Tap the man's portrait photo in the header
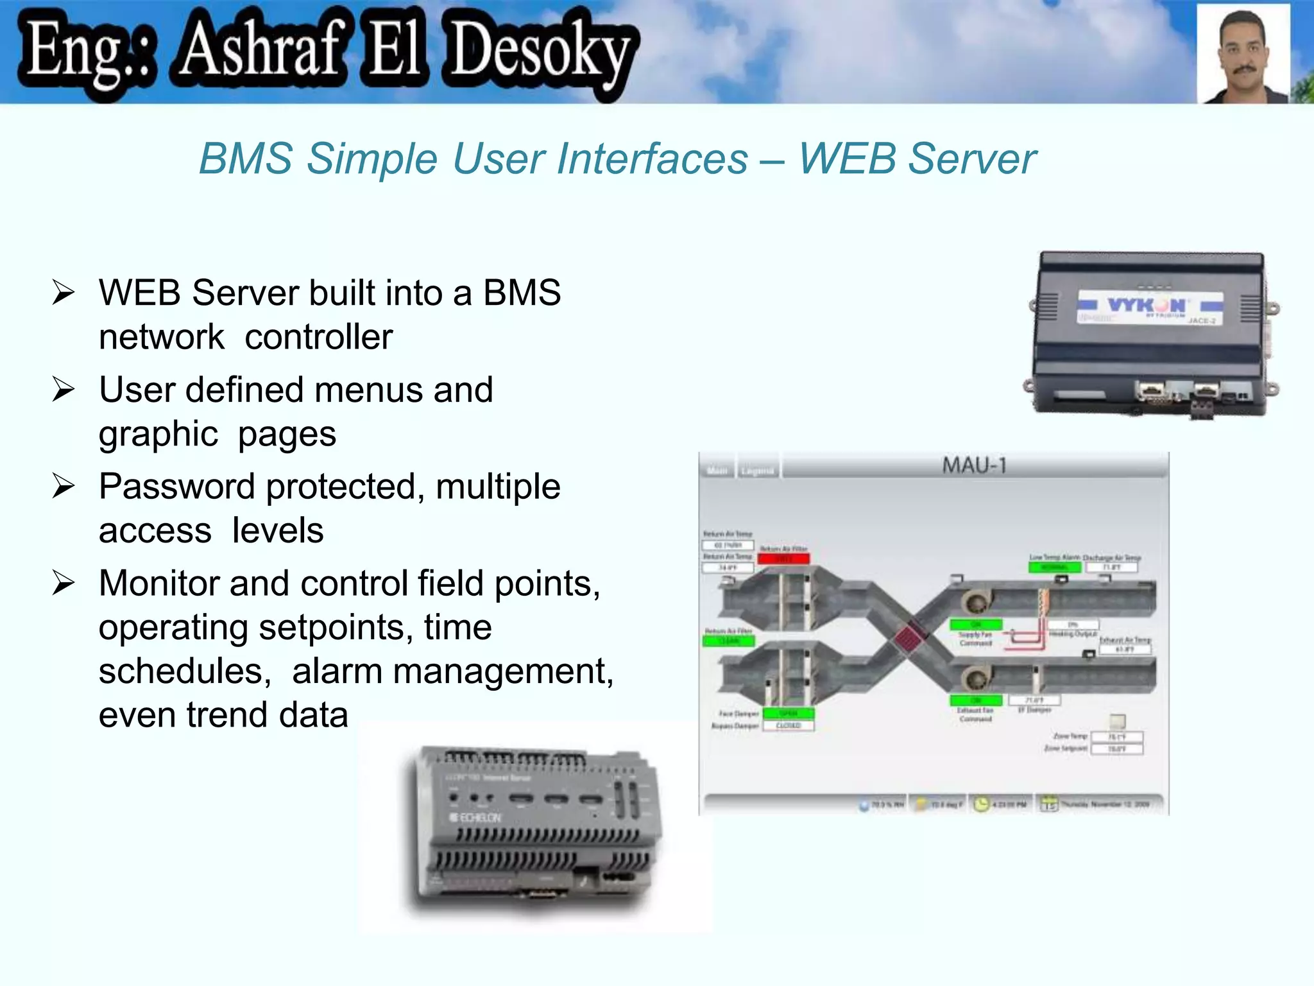(x=1243, y=55)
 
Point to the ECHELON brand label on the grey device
(x=475, y=818)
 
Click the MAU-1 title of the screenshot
(x=974, y=465)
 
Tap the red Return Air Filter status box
(x=783, y=559)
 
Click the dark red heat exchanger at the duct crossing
(x=909, y=638)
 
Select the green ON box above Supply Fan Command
(x=975, y=625)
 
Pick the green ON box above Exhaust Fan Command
(x=975, y=700)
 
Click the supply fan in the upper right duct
(x=976, y=601)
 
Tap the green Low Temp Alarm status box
(x=1054, y=567)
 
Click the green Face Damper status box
(x=788, y=714)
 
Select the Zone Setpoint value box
(x=1117, y=749)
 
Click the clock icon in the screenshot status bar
(x=981, y=804)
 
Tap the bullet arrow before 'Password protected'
(x=64, y=486)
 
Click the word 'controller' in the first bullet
(x=318, y=337)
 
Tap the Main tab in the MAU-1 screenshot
(x=717, y=471)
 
